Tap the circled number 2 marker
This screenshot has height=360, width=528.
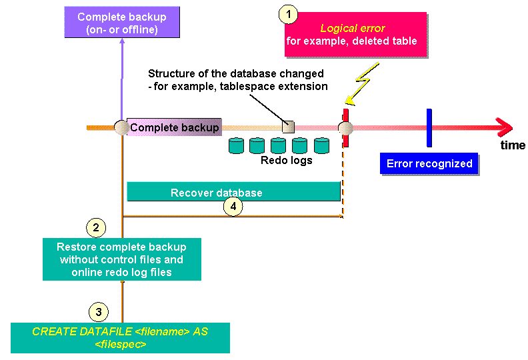97,228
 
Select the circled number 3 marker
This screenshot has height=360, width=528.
98,311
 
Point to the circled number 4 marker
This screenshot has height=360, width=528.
233,206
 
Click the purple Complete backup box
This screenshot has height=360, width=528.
122,23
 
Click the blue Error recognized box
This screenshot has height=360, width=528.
429,164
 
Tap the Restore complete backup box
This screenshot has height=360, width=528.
121,259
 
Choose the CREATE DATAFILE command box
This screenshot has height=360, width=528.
120,338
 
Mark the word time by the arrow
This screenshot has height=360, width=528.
513,145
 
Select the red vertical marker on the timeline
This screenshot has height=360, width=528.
345,127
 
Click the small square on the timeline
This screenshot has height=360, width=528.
288,127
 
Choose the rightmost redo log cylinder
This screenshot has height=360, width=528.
322,145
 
